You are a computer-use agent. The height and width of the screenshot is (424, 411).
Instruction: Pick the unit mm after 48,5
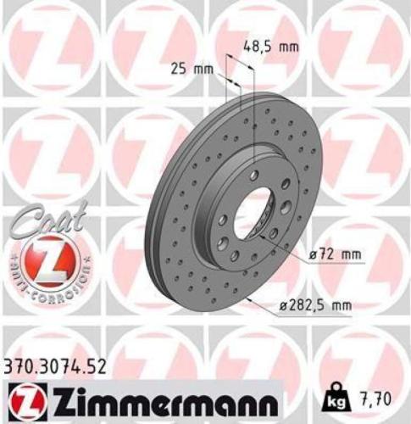(x=289, y=47)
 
